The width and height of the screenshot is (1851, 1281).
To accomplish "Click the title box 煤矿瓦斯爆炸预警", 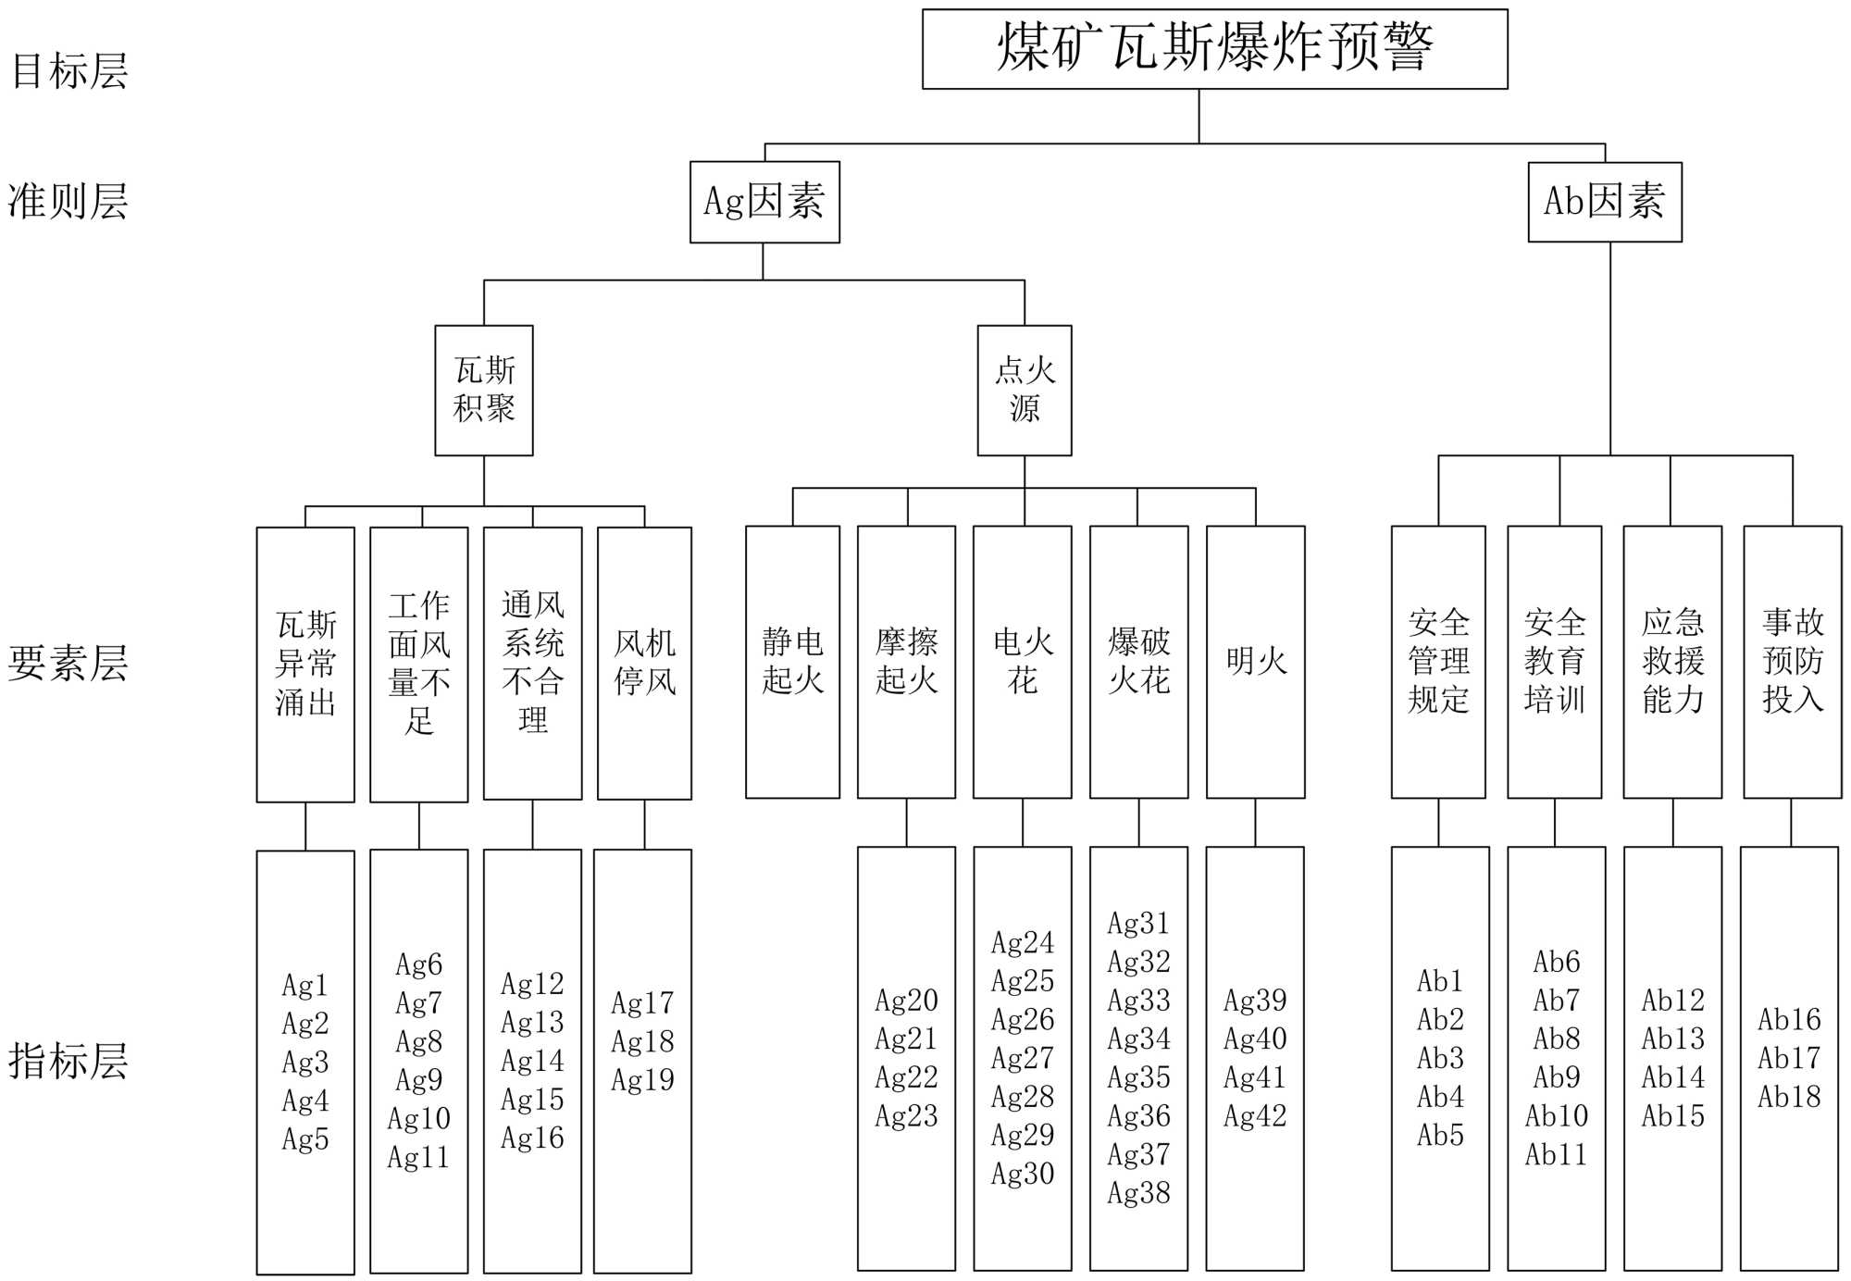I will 1214,49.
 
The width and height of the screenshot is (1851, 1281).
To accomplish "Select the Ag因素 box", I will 764,202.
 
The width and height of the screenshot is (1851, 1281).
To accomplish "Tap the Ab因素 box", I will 1605,202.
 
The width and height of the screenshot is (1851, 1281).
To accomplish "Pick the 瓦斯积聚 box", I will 484,390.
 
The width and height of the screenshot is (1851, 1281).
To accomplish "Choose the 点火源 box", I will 1025,390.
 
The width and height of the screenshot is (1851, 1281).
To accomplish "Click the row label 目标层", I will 69,71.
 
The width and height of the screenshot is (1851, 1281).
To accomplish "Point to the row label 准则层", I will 68,202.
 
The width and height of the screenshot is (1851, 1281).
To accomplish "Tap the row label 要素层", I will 68,663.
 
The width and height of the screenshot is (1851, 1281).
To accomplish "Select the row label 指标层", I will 68,1061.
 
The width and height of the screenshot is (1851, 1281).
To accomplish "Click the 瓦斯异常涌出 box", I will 305,664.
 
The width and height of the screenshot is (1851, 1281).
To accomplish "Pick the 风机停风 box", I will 644,663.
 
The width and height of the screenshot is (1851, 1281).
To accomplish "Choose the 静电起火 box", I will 793,662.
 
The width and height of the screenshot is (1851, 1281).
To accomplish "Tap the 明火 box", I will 1256,662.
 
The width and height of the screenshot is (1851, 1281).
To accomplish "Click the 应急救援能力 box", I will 1672,662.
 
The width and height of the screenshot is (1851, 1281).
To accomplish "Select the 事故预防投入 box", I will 1793,662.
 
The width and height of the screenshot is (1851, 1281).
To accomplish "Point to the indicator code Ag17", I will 642,1003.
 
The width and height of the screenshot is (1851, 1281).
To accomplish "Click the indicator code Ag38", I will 1138,1193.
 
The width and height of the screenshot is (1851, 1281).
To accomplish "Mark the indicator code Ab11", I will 1556,1155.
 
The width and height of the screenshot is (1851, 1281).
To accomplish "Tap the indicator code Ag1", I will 304,985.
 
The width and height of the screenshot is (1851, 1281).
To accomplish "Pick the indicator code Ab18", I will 1789,1097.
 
